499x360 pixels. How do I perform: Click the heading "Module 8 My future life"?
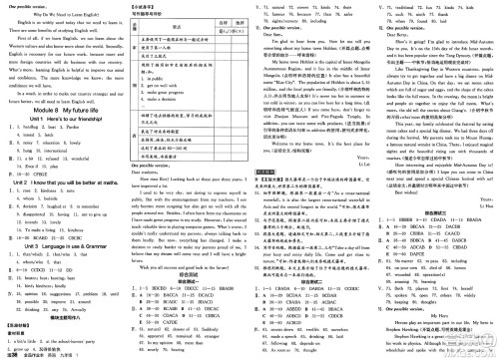click(61, 107)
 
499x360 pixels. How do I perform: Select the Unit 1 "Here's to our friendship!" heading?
click(62, 118)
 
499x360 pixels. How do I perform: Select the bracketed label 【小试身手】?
click(141, 5)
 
